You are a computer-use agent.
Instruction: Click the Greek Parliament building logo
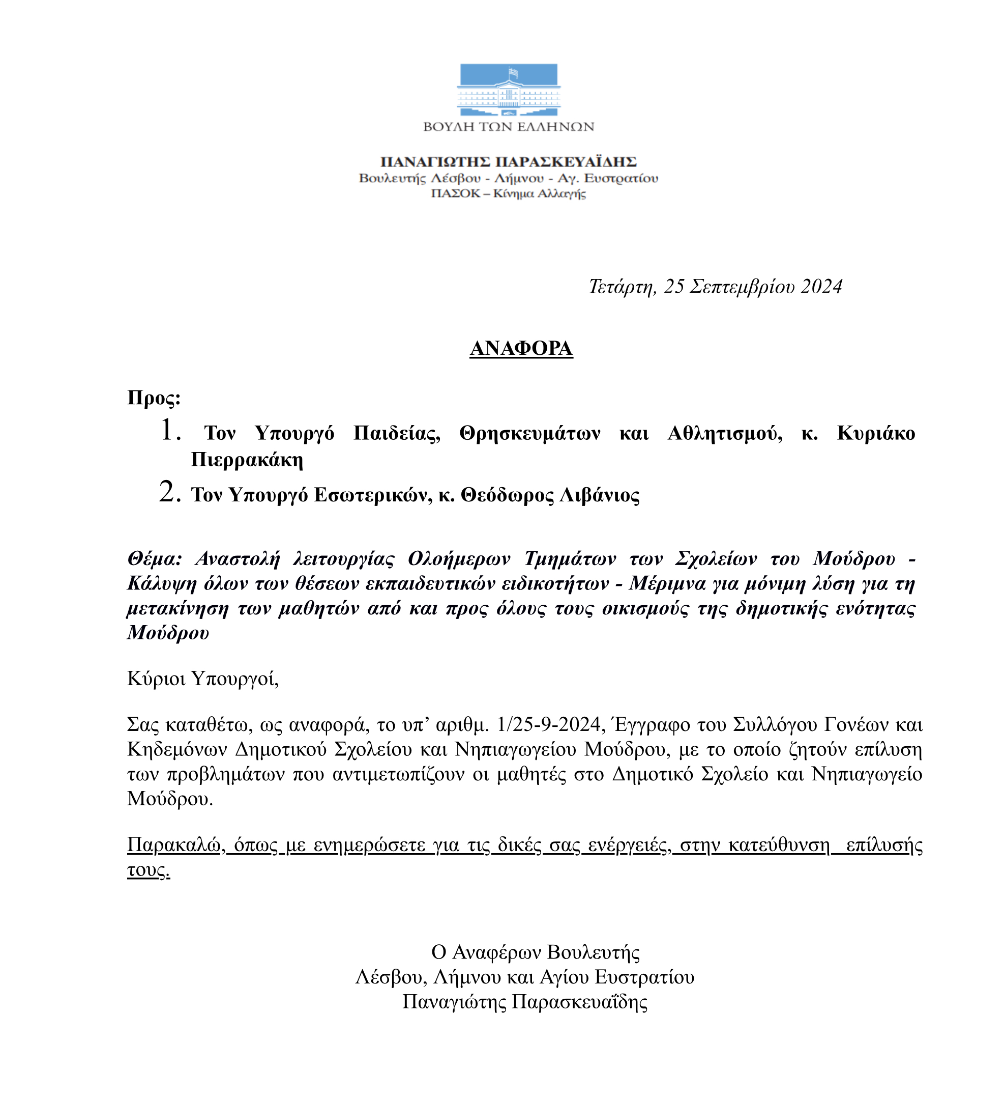tap(508, 90)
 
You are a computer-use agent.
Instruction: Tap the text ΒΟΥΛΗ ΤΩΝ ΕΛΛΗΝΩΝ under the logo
tap(508, 127)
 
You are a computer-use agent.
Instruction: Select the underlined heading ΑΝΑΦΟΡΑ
tap(521, 348)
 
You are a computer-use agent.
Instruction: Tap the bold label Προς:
tap(154, 398)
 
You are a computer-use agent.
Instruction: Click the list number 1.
tap(170, 431)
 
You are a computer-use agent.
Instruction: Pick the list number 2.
tap(169, 492)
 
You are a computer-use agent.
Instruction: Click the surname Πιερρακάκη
tap(247, 460)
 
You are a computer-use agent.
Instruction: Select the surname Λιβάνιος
tap(600, 495)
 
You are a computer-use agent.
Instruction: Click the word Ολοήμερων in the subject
tap(459, 559)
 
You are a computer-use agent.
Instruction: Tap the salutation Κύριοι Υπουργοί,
tap(202, 678)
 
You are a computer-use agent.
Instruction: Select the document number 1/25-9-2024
tap(549, 724)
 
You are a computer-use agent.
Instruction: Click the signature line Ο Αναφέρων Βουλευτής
tap(535, 952)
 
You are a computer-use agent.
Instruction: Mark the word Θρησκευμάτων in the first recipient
tap(529, 433)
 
